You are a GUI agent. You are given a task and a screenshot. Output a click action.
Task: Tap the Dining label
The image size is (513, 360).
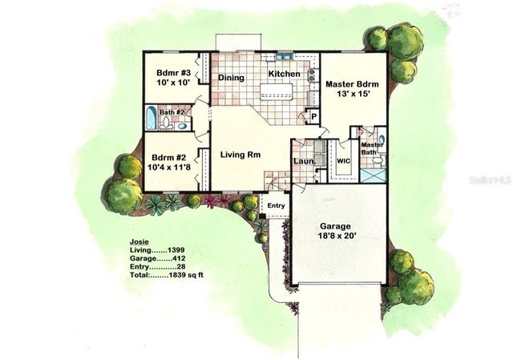[232, 78]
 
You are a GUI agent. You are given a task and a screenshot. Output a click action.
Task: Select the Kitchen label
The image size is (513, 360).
[284, 75]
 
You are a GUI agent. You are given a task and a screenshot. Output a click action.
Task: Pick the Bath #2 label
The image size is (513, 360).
[172, 112]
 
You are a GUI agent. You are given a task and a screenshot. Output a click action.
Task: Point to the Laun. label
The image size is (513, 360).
[302, 161]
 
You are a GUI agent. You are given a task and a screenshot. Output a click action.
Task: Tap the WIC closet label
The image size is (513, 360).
[345, 161]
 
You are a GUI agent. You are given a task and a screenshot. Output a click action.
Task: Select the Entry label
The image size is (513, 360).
[276, 205]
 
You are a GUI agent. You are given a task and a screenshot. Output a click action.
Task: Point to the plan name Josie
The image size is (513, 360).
[139, 241]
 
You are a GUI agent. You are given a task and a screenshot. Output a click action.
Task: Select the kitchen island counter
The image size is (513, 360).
[277, 96]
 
